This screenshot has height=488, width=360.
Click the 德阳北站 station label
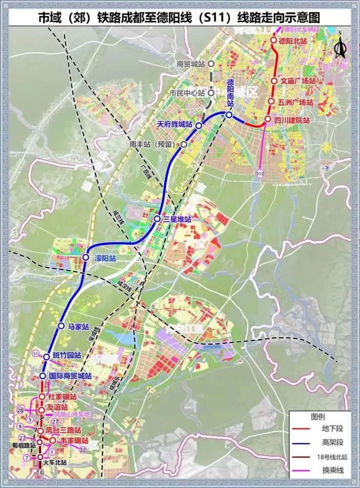[x=292, y=41]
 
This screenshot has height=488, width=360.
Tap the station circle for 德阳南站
[x=229, y=115]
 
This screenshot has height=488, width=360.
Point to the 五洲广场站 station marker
[x=271, y=102]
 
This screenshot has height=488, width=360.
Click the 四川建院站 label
[x=292, y=120]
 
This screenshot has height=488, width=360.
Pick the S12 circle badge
[x=259, y=173]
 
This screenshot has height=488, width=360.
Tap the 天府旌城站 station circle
[x=199, y=126]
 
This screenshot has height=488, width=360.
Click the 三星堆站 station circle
[x=157, y=219]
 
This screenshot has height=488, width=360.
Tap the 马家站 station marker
[x=62, y=325]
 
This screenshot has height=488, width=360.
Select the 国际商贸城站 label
[x=71, y=376]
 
